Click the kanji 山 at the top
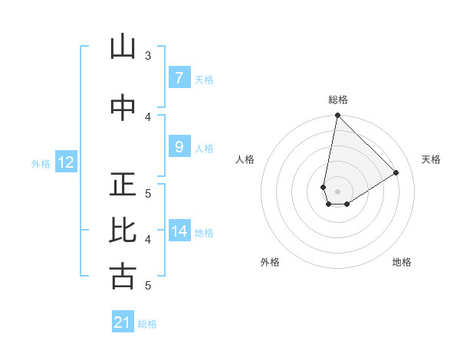(x=123, y=47)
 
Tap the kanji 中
(x=123, y=107)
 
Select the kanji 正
(x=123, y=185)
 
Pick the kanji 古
(x=123, y=277)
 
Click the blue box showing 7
(x=179, y=77)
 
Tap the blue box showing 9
(x=179, y=147)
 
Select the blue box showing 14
(x=179, y=231)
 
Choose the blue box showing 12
(x=65, y=162)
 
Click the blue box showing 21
(x=123, y=322)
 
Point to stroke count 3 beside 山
(x=148, y=55)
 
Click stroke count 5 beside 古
(x=148, y=286)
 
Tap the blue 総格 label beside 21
(x=147, y=324)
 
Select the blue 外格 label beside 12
(x=41, y=163)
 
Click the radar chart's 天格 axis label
(x=431, y=159)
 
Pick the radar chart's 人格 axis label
(x=245, y=159)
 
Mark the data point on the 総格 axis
(x=337, y=116)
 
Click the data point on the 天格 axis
(x=396, y=173)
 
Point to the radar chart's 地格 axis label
(x=402, y=262)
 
